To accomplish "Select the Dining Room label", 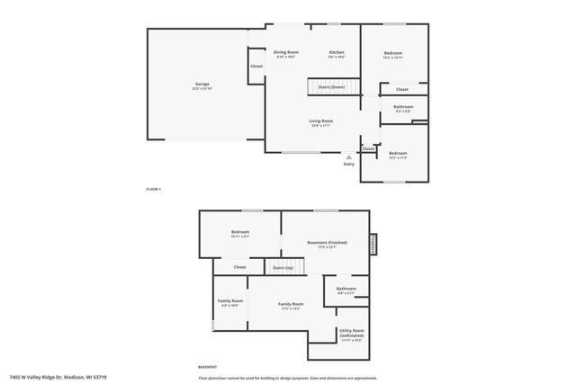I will (x=286, y=54).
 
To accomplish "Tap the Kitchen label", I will (x=337, y=54).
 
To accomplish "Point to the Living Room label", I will (x=321, y=122).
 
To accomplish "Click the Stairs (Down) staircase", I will (x=326, y=87).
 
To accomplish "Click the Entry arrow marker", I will (x=349, y=156).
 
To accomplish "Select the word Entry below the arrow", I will (x=349, y=165).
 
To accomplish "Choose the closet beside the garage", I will (x=256, y=67).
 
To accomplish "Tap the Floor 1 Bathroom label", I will (x=403, y=108).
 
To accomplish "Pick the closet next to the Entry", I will (x=369, y=148).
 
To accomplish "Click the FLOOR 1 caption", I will (x=153, y=190).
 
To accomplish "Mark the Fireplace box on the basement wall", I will (x=373, y=245).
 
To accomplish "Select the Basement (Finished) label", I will (x=327, y=244).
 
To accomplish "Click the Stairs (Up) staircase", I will (x=284, y=267).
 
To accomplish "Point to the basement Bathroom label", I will (x=346, y=290).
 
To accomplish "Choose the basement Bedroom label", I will (x=239, y=233).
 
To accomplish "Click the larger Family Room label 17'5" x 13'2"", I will (x=291, y=305).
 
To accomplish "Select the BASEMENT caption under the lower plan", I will (x=208, y=367).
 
